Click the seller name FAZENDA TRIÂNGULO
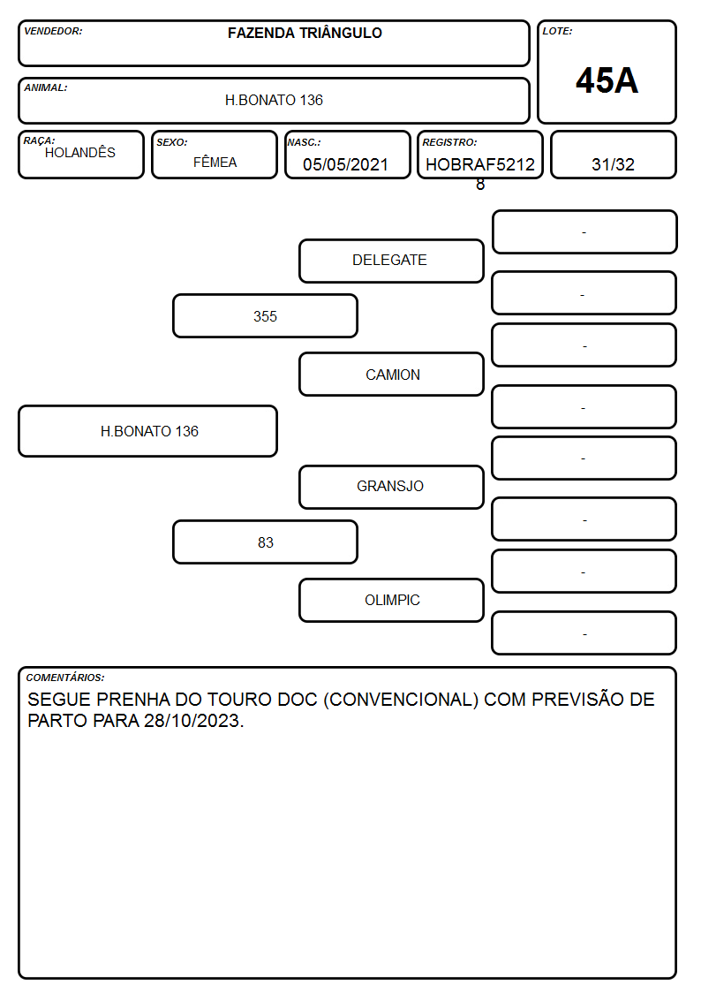pos(305,33)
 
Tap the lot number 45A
pos(607,80)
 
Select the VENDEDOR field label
pos(53,31)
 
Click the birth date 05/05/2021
pos(346,164)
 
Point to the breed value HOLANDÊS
pos(80,153)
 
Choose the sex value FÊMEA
pos(215,162)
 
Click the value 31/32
pos(613,164)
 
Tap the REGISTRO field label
pos(449,142)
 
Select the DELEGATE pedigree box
pos(391,261)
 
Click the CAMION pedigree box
pos(391,375)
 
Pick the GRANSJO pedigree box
pos(391,487)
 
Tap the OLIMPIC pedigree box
pos(391,601)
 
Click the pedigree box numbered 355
pos(266,315)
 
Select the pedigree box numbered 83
pos(266,542)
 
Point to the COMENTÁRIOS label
pos(65,678)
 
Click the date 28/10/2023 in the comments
pos(192,721)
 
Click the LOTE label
pos(557,31)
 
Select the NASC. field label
pos(305,142)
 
